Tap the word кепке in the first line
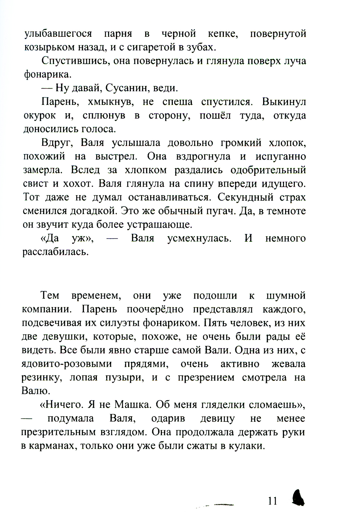tap(221, 34)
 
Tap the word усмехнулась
tap(199, 238)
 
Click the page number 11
tap(272, 501)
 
